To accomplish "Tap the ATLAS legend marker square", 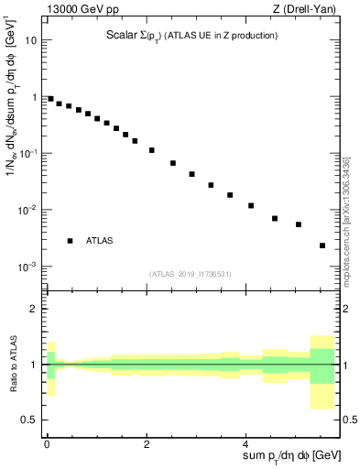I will (x=70, y=241).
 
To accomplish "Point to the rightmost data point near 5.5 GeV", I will (x=322, y=245).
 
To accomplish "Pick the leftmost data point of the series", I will (x=50, y=99).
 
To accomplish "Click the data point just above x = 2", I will (x=152, y=150).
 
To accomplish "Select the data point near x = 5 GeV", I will (x=299, y=224).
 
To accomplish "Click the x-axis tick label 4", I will (x=248, y=444).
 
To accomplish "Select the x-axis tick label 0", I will (x=47, y=444).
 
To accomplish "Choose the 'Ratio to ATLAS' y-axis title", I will (x=12, y=365).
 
